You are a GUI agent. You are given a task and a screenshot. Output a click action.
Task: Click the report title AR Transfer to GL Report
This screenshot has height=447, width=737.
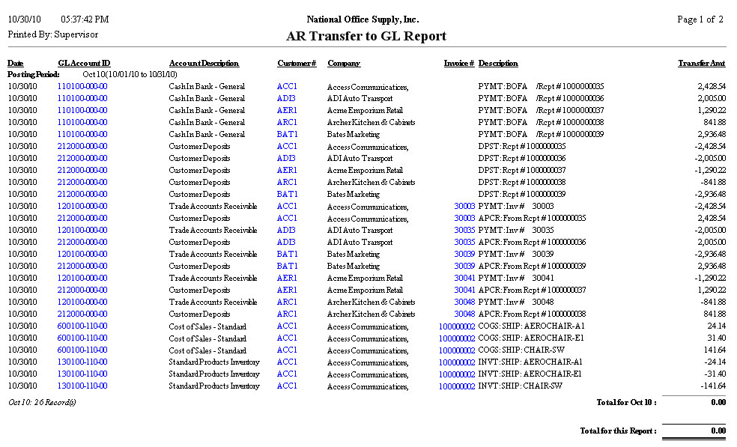pos(366,36)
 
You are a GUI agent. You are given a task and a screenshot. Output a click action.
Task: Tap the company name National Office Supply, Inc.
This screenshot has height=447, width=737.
pos(363,19)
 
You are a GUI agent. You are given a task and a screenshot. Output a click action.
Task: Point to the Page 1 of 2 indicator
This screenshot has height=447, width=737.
pos(700,19)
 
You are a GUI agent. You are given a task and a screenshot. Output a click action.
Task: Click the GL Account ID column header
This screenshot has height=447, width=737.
pos(84,64)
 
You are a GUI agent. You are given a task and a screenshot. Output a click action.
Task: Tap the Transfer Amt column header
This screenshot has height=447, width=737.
pos(702,64)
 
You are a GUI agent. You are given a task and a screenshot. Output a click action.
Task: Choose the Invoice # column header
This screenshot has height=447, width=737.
pos(458,64)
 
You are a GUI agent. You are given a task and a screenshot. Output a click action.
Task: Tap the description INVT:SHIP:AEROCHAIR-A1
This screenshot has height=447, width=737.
pos(531,362)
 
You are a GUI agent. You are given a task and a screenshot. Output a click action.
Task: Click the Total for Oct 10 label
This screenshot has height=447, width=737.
pos(626,402)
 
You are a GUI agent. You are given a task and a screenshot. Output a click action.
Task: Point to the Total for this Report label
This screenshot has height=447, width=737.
pos(618,431)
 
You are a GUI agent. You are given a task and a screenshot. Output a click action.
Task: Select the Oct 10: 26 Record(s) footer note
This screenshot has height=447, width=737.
pos(42,402)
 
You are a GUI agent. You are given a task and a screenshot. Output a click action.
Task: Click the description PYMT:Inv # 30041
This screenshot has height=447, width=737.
pos(516,279)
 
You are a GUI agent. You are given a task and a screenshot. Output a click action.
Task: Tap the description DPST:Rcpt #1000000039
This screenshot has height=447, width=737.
pos(522,195)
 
